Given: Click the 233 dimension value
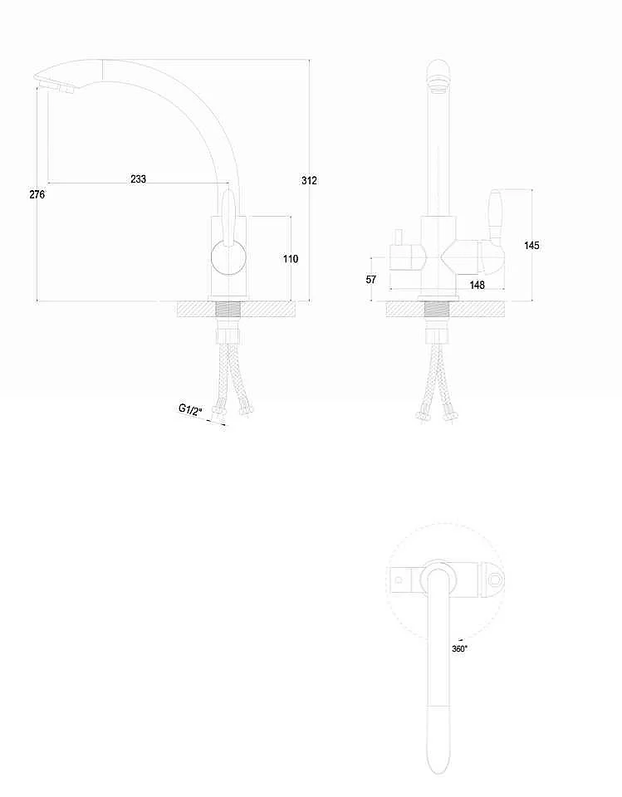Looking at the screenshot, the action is click(x=139, y=178).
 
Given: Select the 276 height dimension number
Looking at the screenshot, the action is click(x=37, y=194).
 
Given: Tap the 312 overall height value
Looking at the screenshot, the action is click(x=309, y=180).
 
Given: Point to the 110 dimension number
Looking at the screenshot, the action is click(x=291, y=259).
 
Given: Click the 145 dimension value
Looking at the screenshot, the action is click(x=531, y=246).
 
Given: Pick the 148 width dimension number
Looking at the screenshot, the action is click(x=477, y=285).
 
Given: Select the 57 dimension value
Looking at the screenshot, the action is click(x=371, y=280).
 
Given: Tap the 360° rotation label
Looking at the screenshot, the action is click(x=460, y=648).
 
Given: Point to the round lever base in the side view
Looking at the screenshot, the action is click(x=228, y=258).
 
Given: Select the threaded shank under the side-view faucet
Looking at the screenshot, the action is click(x=228, y=310).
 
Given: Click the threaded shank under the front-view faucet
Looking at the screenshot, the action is click(x=438, y=310).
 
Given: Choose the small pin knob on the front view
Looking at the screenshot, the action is click(x=399, y=237).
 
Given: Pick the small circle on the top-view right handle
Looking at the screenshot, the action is click(x=494, y=580).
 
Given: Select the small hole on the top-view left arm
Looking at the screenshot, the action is click(x=399, y=579).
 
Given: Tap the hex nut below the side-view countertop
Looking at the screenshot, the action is click(x=228, y=335).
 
